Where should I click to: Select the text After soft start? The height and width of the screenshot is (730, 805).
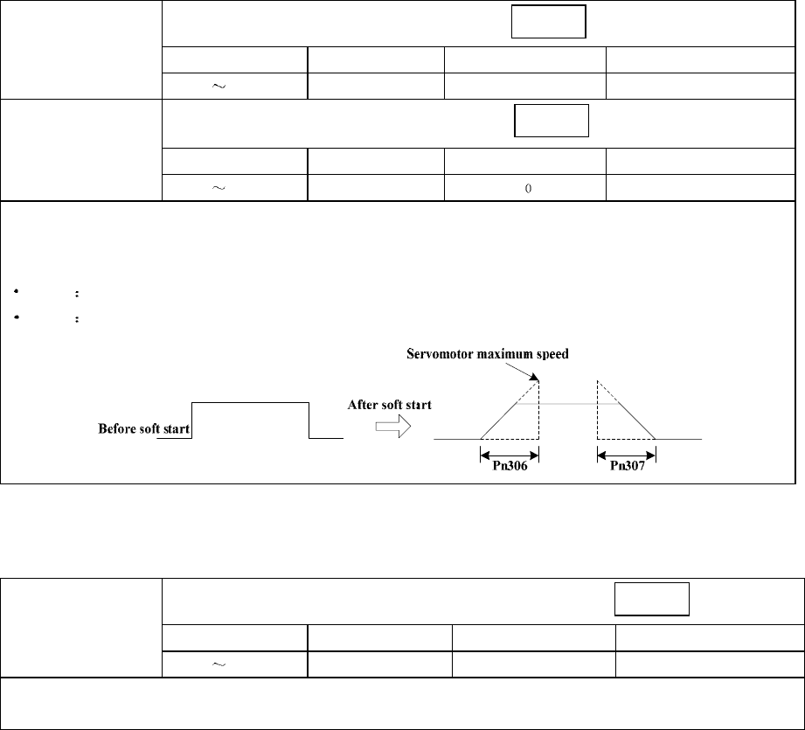pyautogui.click(x=391, y=405)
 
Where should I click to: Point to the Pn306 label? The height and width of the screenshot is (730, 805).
pyautogui.click(x=509, y=466)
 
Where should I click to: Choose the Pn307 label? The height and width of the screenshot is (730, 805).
pyautogui.click(x=626, y=466)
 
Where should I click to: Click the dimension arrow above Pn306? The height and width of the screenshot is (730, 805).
pyautogui.click(x=509, y=454)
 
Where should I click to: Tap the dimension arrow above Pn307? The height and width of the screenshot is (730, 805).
pyautogui.click(x=626, y=454)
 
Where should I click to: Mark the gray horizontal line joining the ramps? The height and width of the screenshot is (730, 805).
pyautogui.click(x=567, y=404)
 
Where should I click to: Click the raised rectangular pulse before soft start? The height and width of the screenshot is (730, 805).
pyautogui.click(x=250, y=403)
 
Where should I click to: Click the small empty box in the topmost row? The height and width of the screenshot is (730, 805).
pyautogui.click(x=548, y=22)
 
